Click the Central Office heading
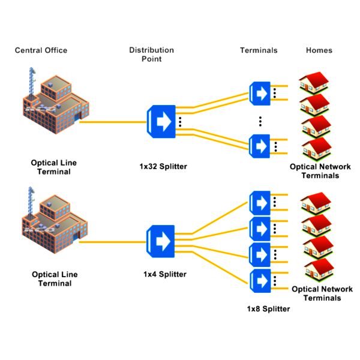[41, 50]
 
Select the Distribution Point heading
[151, 54]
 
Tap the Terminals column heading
[259, 50]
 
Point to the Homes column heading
[319, 50]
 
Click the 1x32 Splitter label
[159, 166]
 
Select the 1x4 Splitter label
[164, 274]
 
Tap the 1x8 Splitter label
[268, 309]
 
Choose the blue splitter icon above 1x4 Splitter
[160, 241]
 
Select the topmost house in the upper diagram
[315, 84]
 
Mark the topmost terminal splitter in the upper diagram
[260, 94]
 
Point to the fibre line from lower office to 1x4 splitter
[114, 241]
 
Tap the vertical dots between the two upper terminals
[260, 121]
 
